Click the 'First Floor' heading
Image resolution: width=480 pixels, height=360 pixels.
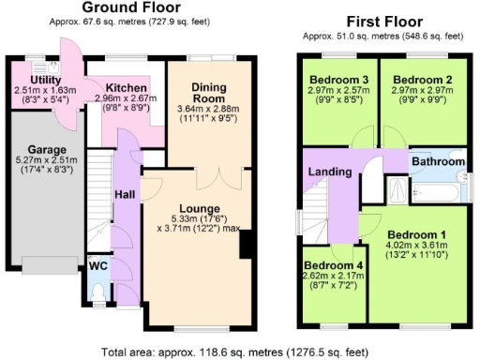coord(382,21)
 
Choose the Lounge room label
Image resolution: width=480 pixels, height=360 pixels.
coord(202,208)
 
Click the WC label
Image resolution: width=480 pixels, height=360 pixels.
coord(98,266)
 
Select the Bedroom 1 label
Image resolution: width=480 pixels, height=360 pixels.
coord(412,234)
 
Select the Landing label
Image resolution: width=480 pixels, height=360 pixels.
coord(329,172)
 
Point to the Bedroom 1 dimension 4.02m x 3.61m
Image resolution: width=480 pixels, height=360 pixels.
coord(412,246)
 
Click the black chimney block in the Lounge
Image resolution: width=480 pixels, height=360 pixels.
coord(246,246)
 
